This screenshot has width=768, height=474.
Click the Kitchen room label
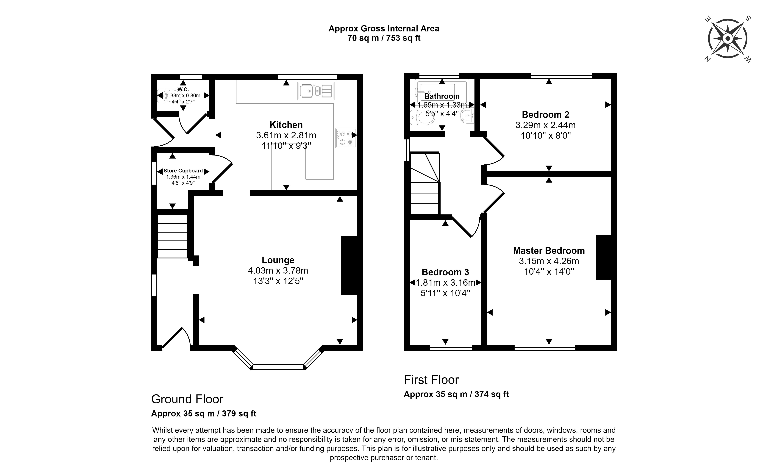pyautogui.click(x=286, y=125)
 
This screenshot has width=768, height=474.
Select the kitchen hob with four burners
pyautogui.click(x=345, y=138)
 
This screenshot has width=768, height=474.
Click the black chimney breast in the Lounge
pyautogui.click(x=349, y=265)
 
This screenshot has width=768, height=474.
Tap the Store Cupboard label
pyautogui.click(x=183, y=171)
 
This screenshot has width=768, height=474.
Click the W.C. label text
pyautogui.click(x=183, y=89)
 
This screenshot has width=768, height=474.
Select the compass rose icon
pyautogui.click(x=728, y=39)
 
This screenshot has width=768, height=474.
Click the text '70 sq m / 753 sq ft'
pyautogui.click(x=384, y=38)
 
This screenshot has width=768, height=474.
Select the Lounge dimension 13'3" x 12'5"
pyautogui.click(x=278, y=281)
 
